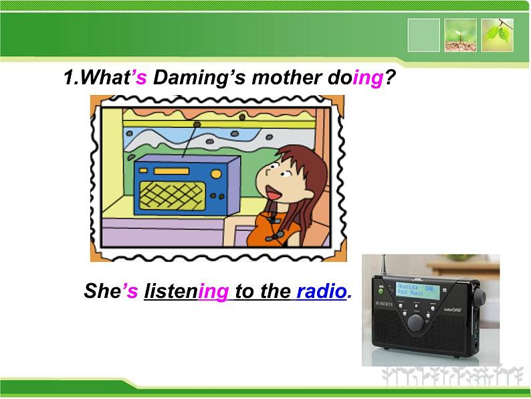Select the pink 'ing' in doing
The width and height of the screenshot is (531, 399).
point(367,78)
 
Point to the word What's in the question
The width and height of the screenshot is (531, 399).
point(110,78)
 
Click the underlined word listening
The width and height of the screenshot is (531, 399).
point(186,292)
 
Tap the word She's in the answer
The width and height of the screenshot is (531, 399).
point(110,292)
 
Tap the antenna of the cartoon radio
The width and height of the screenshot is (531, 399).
point(195,140)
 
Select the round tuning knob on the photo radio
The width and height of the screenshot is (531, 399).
point(417,322)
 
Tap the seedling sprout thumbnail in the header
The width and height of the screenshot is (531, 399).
point(461,35)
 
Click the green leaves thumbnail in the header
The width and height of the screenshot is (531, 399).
point(498,35)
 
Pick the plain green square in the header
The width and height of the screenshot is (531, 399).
point(424,35)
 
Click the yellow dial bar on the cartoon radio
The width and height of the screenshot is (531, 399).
point(163,171)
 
